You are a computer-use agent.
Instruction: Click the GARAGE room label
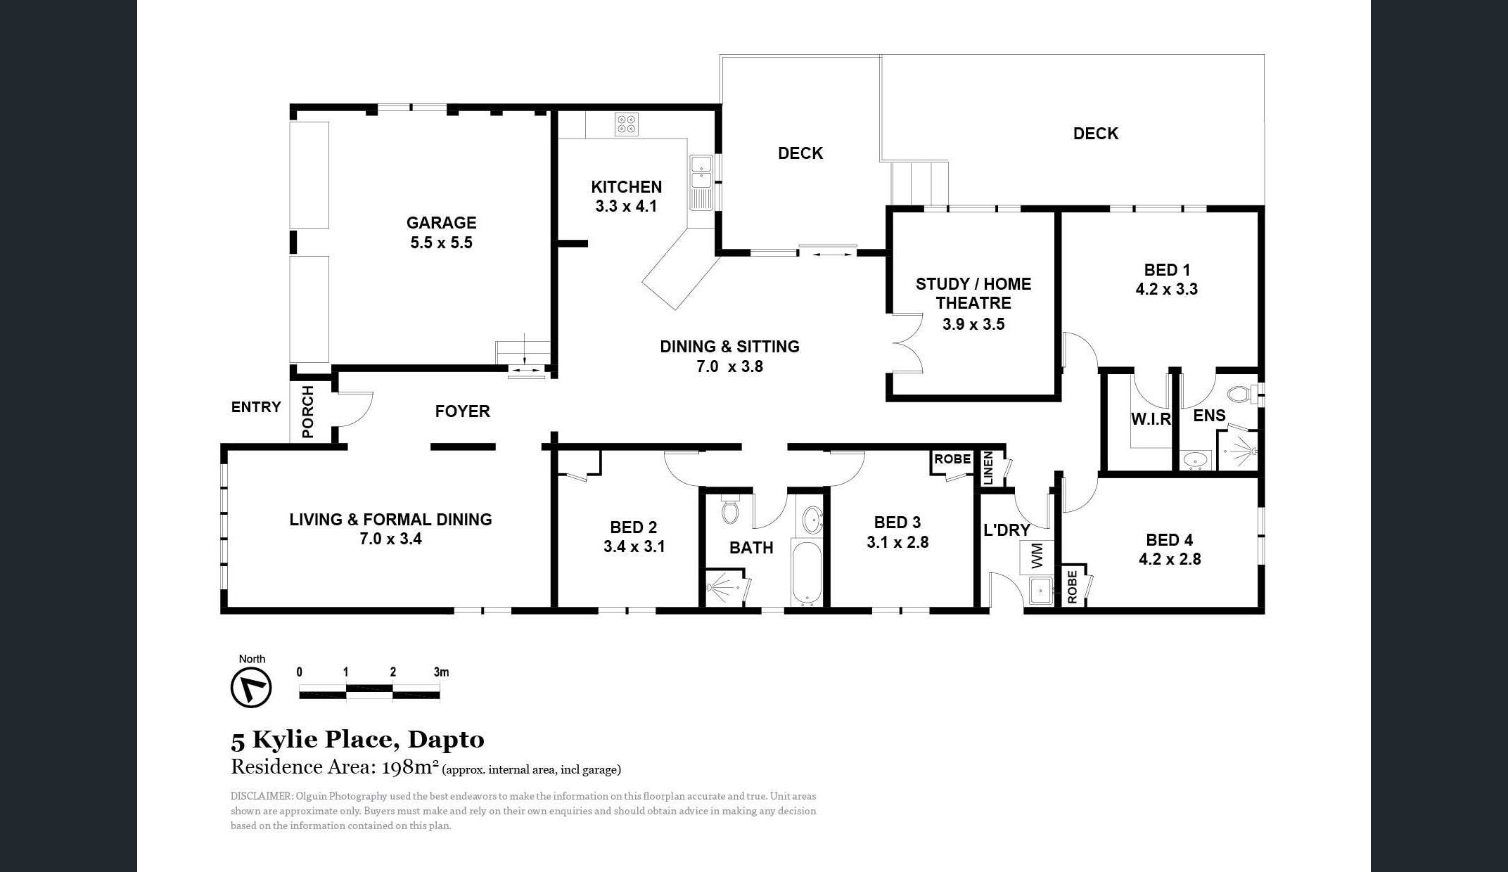[x=441, y=223]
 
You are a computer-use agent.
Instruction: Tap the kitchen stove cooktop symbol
[x=626, y=124]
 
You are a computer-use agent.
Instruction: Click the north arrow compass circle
[x=251, y=687]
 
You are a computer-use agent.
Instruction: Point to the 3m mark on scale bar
[x=441, y=672]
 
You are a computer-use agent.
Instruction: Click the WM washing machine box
[x=1037, y=557]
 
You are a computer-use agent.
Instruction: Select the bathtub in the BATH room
[x=807, y=573]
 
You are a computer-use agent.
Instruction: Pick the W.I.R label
[x=1151, y=419]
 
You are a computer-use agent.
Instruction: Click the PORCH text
[x=308, y=411]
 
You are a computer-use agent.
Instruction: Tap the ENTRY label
[x=256, y=407]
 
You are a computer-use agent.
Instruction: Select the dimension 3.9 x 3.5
[x=973, y=324]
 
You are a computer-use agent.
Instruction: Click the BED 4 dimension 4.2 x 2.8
[x=1170, y=559]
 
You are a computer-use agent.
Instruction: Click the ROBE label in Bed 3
[x=952, y=459]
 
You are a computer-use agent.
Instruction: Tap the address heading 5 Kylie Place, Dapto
[x=357, y=739]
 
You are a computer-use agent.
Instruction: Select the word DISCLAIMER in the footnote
[x=261, y=796]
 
